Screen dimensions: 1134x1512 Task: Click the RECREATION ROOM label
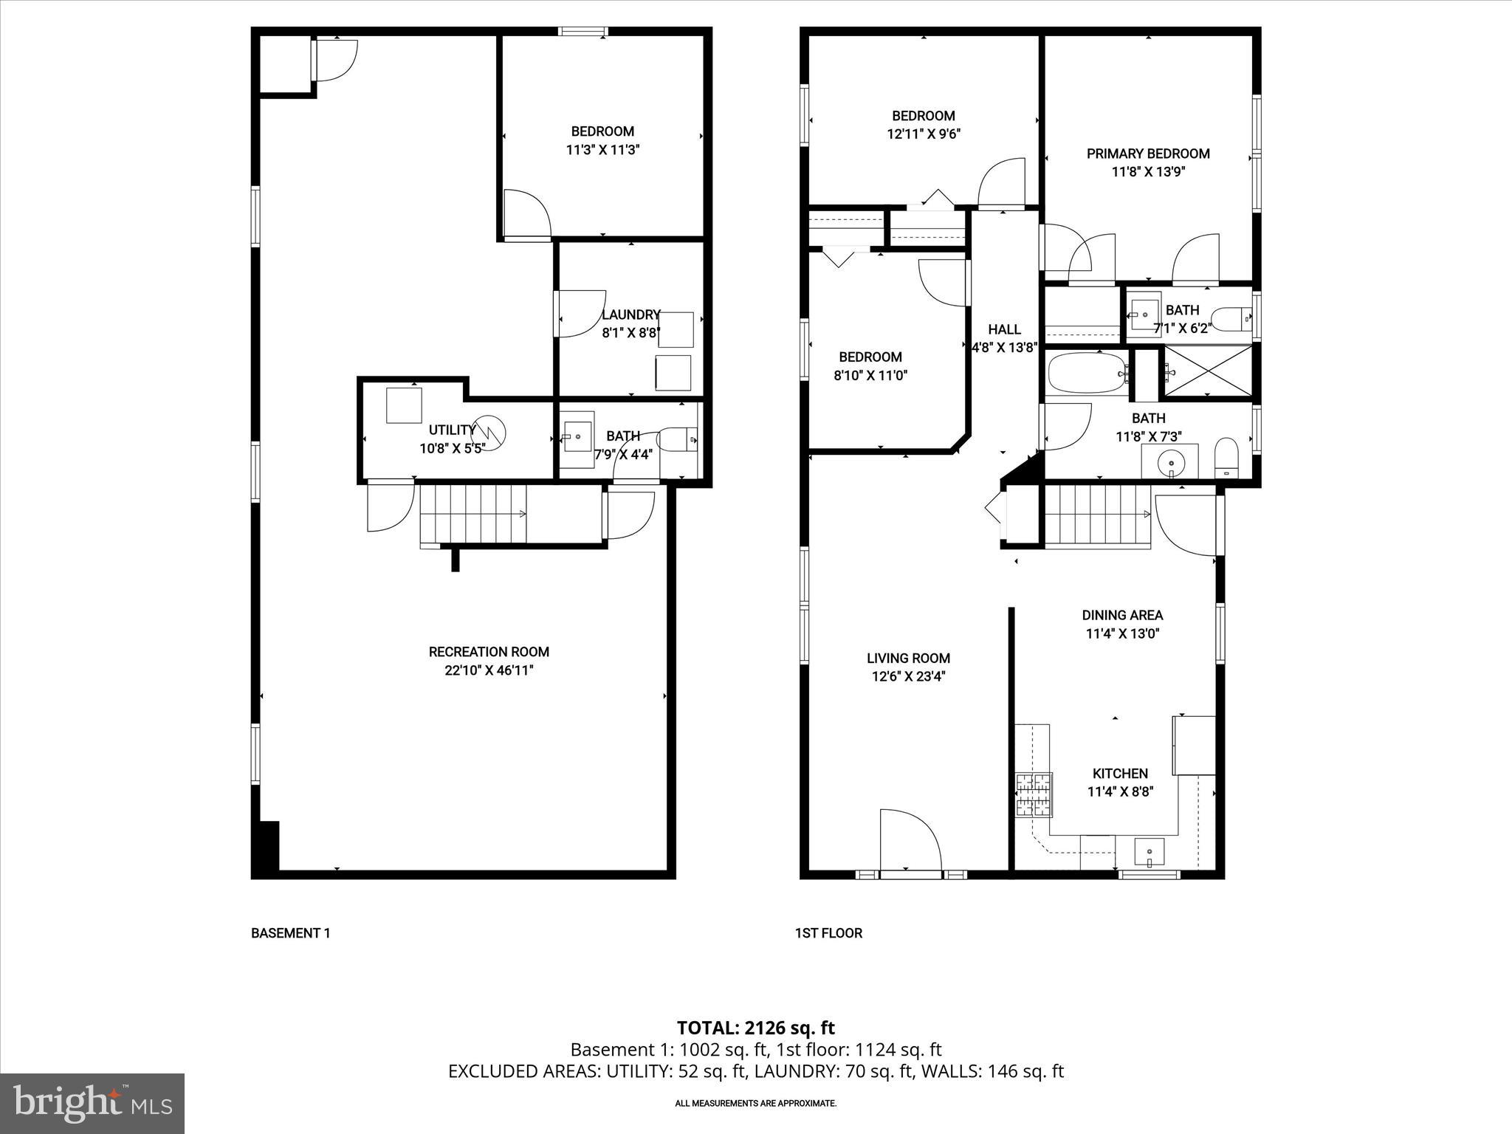[x=489, y=652]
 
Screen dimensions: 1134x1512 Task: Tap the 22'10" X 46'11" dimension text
[x=489, y=670]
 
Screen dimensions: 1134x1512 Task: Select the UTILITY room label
[x=452, y=430]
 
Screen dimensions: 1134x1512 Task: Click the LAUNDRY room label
[x=630, y=315]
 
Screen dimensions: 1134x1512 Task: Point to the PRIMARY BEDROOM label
[x=1148, y=154]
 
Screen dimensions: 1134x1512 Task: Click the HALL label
[x=1004, y=329]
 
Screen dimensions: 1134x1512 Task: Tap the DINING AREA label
[x=1122, y=615]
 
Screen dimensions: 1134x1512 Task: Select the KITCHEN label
[x=1120, y=773]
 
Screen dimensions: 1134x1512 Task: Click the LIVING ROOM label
[x=908, y=658]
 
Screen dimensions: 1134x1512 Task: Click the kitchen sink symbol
[x=1149, y=853]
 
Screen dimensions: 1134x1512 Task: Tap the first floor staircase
[x=1097, y=514]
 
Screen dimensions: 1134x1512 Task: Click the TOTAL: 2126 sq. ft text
[x=755, y=1028]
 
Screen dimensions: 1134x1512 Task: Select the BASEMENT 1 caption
[x=290, y=933]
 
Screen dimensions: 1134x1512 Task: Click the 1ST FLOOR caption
[x=828, y=933]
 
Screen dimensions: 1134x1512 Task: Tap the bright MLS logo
[x=92, y=1104]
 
